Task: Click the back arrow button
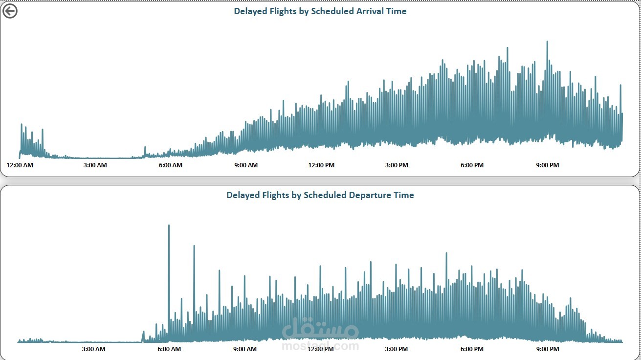(10, 11)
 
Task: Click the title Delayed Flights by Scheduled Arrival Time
(320, 11)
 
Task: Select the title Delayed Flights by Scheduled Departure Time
(320, 195)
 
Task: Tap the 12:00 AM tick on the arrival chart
(20, 165)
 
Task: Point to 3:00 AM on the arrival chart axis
(95, 165)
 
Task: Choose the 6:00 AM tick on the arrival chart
(171, 165)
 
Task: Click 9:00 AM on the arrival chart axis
(246, 165)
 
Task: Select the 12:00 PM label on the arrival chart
(321, 165)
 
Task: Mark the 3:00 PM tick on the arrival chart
(397, 165)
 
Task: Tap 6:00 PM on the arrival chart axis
(472, 165)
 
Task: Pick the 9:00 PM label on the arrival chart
(548, 165)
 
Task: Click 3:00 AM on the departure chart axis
(93, 349)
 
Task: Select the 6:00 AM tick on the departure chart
(169, 349)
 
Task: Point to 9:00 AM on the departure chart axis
(245, 349)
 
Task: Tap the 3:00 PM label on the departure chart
(397, 349)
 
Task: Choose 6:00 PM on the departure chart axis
(472, 349)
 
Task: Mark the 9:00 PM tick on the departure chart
(548, 349)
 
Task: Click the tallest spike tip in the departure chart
(169, 225)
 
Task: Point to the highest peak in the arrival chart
(547, 42)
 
